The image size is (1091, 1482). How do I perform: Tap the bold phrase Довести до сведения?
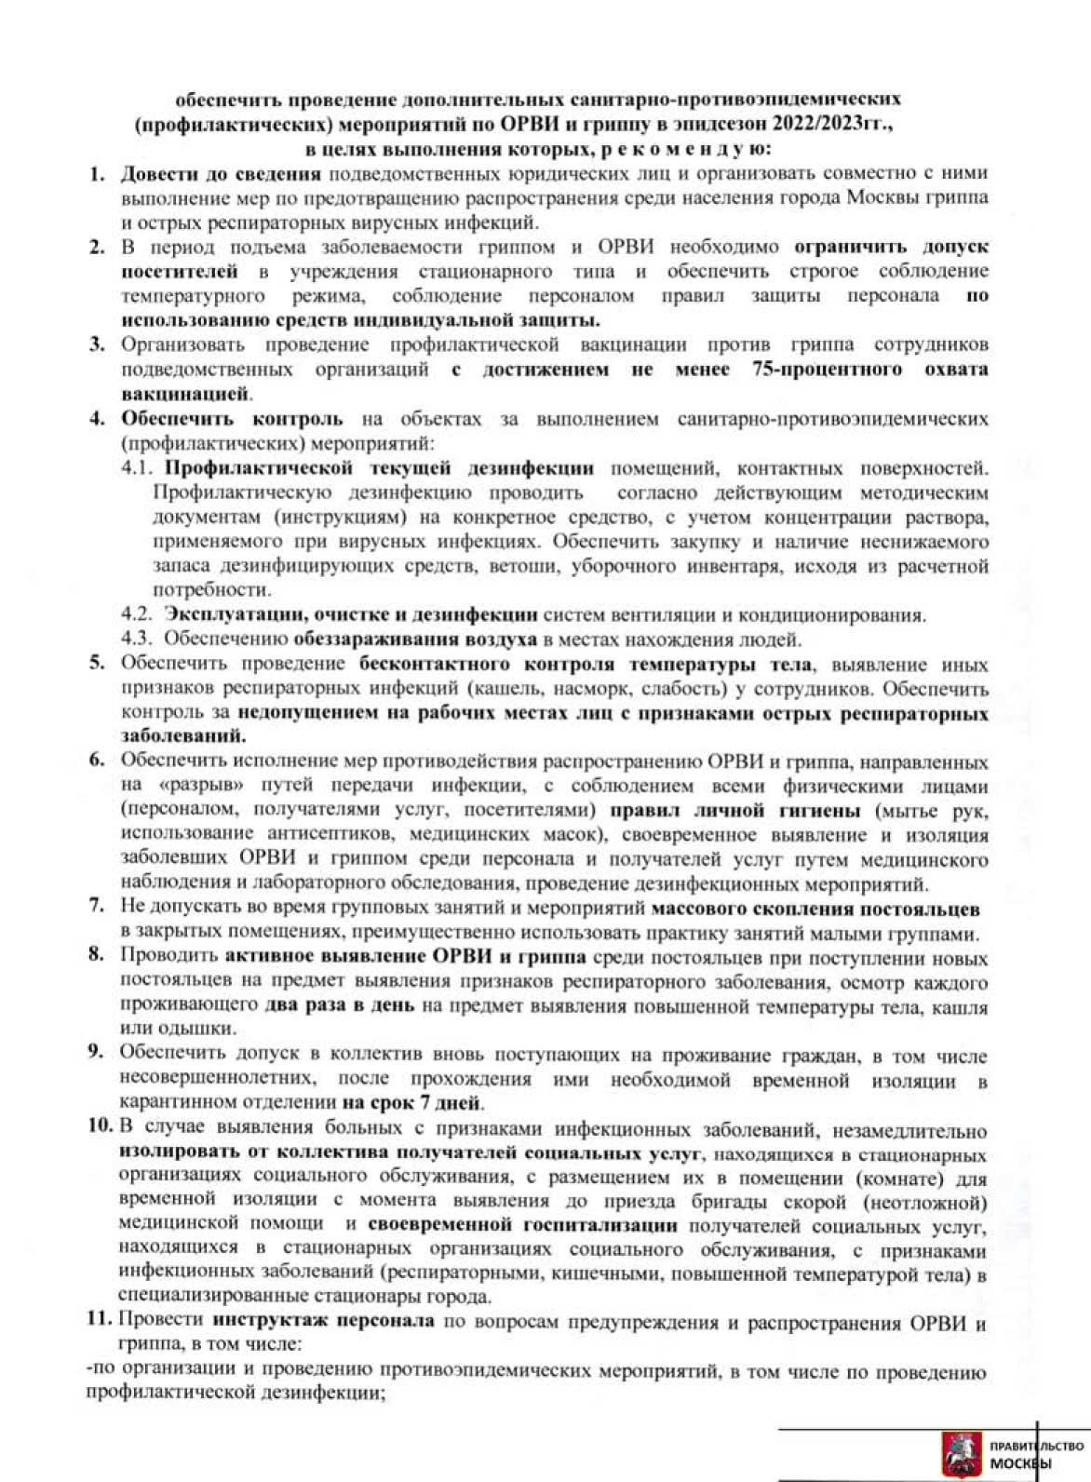[221, 173]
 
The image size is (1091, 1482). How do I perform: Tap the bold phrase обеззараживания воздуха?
[414, 639]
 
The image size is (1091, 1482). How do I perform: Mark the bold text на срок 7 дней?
[412, 1104]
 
